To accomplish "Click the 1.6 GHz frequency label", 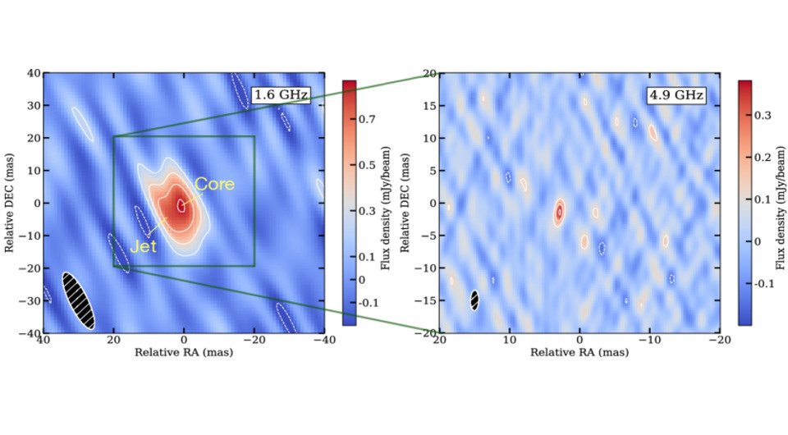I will [x=280, y=95].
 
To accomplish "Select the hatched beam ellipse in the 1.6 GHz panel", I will [x=79, y=300].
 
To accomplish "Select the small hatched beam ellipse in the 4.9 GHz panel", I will [x=474, y=300].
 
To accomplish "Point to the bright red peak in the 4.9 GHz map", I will [x=559, y=211].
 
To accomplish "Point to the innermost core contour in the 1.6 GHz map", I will [x=181, y=205].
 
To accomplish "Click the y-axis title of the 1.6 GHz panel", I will [x=11, y=203].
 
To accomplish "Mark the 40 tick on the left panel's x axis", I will [x=44, y=340].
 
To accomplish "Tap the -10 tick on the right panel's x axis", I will [x=648, y=340].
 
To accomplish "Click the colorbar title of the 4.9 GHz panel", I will [x=781, y=203].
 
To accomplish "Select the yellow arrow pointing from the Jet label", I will [x=160, y=229].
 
